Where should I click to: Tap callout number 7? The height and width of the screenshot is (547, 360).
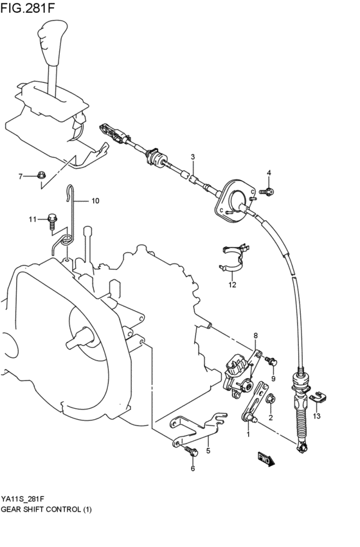[21, 175]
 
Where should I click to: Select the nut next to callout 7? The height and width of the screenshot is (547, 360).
[40, 175]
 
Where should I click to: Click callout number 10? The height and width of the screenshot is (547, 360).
[94, 201]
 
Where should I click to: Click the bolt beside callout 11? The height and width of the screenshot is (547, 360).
[51, 220]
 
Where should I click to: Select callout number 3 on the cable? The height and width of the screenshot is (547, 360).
[192, 157]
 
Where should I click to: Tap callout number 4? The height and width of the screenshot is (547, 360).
[269, 172]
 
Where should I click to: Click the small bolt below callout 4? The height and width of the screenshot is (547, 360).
[268, 190]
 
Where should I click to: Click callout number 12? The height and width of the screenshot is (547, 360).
[232, 284]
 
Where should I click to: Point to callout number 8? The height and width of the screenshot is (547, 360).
[255, 336]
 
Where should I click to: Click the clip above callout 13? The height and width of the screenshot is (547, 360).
[317, 398]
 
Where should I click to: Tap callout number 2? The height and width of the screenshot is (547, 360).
[271, 417]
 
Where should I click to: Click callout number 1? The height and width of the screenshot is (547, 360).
[248, 434]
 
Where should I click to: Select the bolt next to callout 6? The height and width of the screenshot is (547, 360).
[191, 452]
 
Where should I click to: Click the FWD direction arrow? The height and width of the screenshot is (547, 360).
[265, 459]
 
